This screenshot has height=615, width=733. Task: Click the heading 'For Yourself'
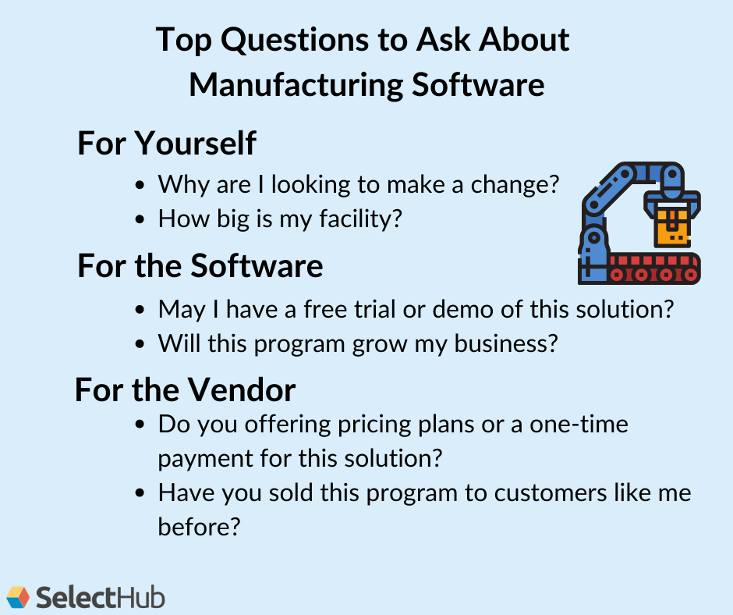tap(166, 144)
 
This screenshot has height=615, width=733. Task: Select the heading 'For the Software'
tap(200, 266)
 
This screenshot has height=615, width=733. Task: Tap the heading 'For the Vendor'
tap(185, 389)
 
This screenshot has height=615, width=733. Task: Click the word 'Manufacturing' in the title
tap(294, 84)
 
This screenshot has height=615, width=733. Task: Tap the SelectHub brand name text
tap(101, 598)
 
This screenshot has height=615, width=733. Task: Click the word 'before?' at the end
tap(198, 527)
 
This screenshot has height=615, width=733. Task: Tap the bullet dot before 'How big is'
tap(140, 219)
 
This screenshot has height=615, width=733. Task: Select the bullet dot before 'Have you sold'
tap(140, 493)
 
